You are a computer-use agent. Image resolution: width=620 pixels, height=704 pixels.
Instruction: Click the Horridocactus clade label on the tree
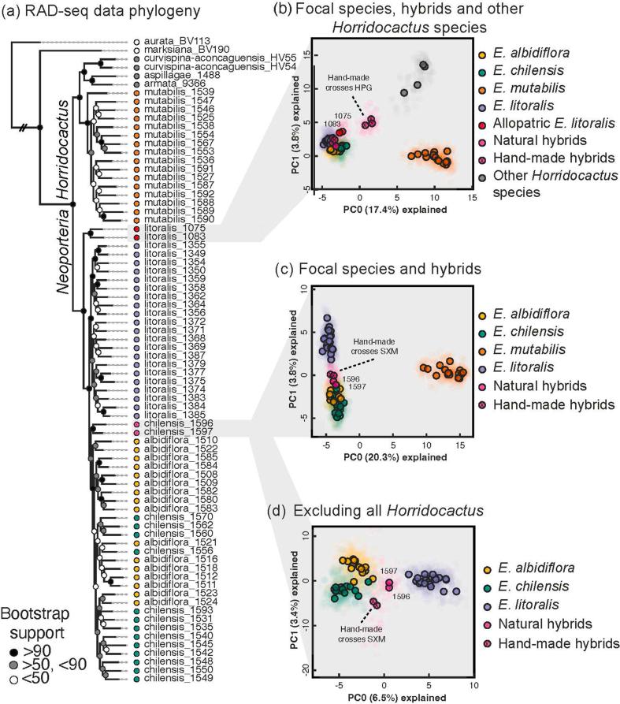(65, 152)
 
